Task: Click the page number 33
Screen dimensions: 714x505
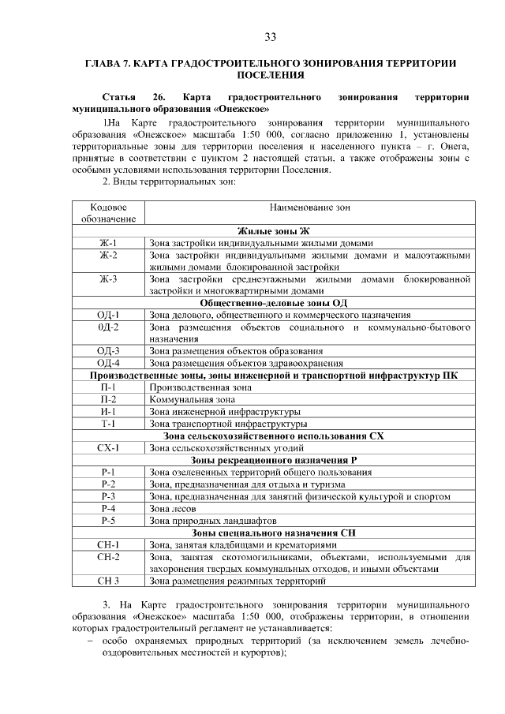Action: (x=270, y=37)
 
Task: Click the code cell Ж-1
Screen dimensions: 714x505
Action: (x=108, y=243)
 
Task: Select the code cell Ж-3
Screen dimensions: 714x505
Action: (x=108, y=279)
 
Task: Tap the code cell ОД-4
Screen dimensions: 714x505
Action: (x=108, y=364)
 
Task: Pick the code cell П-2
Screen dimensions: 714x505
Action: (x=108, y=400)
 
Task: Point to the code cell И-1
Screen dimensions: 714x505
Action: (x=108, y=412)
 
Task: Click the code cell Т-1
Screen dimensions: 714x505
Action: (x=108, y=424)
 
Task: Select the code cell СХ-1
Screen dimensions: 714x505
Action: (x=108, y=448)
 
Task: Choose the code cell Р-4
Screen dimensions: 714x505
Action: (x=108, y=509)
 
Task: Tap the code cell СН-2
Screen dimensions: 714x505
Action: (x=108, y=557)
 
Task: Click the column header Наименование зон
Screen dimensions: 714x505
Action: (x=310, y=207)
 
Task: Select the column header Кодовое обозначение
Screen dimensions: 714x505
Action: (x=108, y=213)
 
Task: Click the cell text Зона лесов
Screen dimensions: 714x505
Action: (x=172, y=509)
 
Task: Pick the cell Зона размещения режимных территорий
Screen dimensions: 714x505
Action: (x=238, y=581)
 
